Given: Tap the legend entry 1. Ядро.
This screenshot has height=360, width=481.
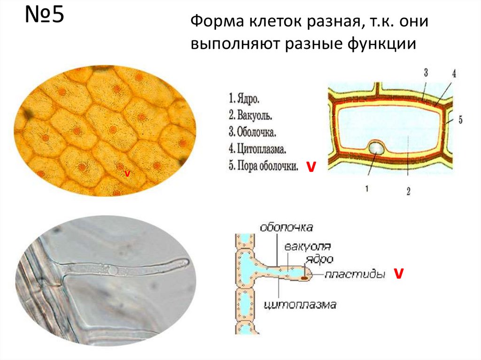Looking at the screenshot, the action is click(x=245, y=100).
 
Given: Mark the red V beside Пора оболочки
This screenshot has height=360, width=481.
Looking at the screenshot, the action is click(x=310, y=167).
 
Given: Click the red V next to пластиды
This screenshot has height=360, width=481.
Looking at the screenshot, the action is click(x=398, y=274).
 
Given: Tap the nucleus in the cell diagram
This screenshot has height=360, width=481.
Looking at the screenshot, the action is click(x=376, y=148).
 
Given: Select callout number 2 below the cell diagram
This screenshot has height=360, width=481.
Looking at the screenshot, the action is click(x=408, y=191).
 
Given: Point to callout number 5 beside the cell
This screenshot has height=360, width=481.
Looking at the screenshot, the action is click(x=460, y=120).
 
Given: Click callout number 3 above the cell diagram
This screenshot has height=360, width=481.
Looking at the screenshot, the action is click(x=426, y=72).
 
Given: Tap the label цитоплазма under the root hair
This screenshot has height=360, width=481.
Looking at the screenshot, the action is click(x=301, y=305).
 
